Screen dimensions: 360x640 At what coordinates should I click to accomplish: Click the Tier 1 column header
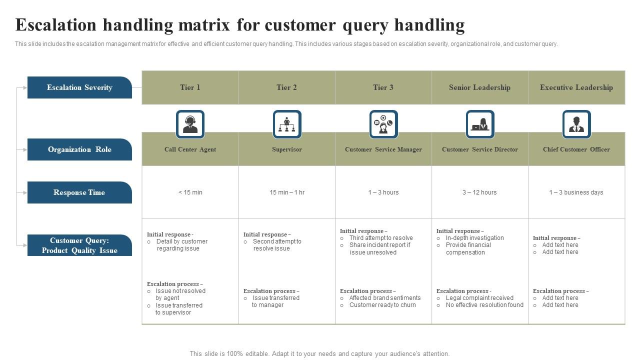pyautogui.click(x=190, y=87)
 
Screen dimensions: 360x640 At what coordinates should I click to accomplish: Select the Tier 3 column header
pyautogui.click(x=383, y=87)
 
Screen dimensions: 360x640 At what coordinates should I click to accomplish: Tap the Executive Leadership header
pyautogui.click(x=576, y=87)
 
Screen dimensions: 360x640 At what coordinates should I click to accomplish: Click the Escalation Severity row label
pyautogui.click(x=79, y=87)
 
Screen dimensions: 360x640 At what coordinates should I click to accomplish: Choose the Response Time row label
pyautogui.click(x=79, y=192)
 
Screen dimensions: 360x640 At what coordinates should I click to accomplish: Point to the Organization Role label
pyautogui.click(x=79, y=149)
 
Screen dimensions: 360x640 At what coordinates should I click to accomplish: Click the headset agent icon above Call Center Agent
pyautogui.click(x=190, y=124)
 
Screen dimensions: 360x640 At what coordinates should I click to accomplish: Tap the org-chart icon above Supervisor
pyautogui.click(x=287, y=124)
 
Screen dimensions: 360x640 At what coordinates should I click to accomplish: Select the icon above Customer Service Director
pyautogui.click(x=480, y=124)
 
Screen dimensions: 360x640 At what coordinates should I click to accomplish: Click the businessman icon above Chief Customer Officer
pyautogui.click(x=576, y=124)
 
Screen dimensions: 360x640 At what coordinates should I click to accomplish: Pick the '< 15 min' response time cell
pyautogui.click(x=190, y=192)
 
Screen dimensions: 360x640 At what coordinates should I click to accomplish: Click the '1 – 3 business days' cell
pyautogui.click(x=576, y=192)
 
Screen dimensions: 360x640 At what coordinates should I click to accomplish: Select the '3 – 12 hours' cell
pyautogui.click(x=479, y=192)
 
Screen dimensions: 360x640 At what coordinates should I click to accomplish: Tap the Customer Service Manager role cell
pyautogui.click(x=383, y=149)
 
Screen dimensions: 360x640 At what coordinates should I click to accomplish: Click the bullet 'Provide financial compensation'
pyautogui.click(x=468, y=248)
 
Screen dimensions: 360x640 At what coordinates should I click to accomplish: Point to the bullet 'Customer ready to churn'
pyautogui.click(x=382, y=305)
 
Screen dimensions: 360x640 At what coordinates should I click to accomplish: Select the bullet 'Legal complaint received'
pyautogui.click(x=479, y=298)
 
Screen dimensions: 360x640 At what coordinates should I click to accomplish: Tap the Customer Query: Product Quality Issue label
pyautogui.click(x=79, y=245)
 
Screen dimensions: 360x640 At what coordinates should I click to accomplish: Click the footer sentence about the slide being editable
pyautogui.click(x=319, y=353)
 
